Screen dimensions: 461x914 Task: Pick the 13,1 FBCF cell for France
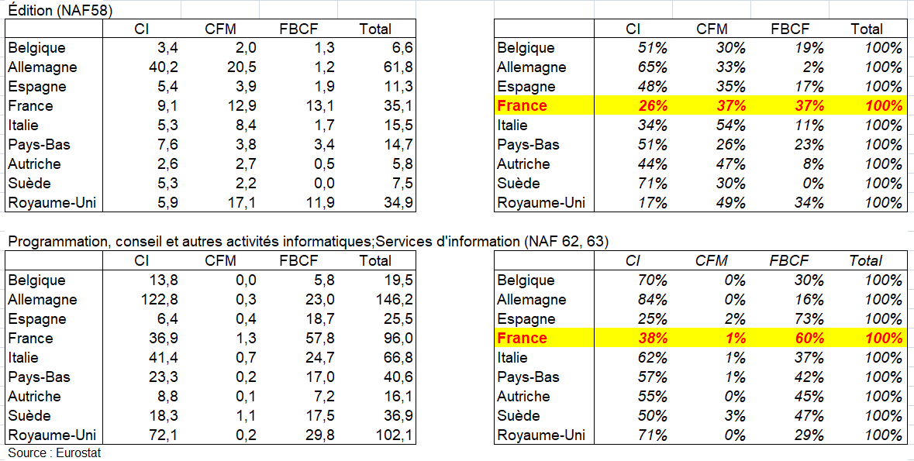pyautogui.click(x=319, y=106)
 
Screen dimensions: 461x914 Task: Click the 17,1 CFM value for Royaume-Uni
pyautogui.click(x=240, y=203)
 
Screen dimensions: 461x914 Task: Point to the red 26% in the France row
pyautogui.click(x=651, y=106)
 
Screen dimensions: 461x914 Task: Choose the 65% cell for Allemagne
pyautogui.click(x=651, y=67)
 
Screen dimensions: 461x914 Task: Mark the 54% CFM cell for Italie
pyautogui.click(x=729, y=126)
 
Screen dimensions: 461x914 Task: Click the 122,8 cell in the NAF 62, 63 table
pyautogui.click(x=158, y=300)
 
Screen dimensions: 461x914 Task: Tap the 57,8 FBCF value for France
pyautogui.click(x=319, y=339)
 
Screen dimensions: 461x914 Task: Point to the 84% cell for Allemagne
pyautogui.click(x=651, y=300)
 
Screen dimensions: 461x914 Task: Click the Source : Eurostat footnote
pyautogui.click(x=54, y=452)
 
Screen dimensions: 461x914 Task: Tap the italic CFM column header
pyautogui.click(x=712, y=261)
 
